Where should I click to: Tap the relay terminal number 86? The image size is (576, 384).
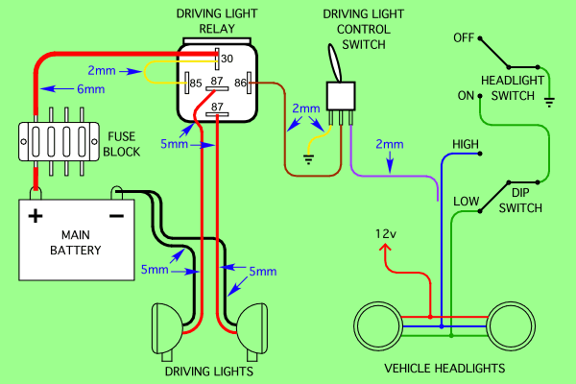pyautogui.click(x=240, y=84)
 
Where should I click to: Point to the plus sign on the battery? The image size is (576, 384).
pyautogui.click(x=36, y=215)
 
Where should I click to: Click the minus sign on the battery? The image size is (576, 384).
pyautogui.click(x=116, y=215)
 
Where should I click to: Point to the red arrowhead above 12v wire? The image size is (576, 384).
pyautogui.click(x=387, y=251)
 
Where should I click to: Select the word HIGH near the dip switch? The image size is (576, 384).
pyautogui.click(x=466, y=145)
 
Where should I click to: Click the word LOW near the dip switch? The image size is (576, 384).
pyautogui.click(x=466, y=201)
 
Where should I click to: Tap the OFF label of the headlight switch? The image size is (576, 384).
pyautogui.click(x=465, y=38)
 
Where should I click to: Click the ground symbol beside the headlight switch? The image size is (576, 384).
pyautogui.click(x=549, y=99)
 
